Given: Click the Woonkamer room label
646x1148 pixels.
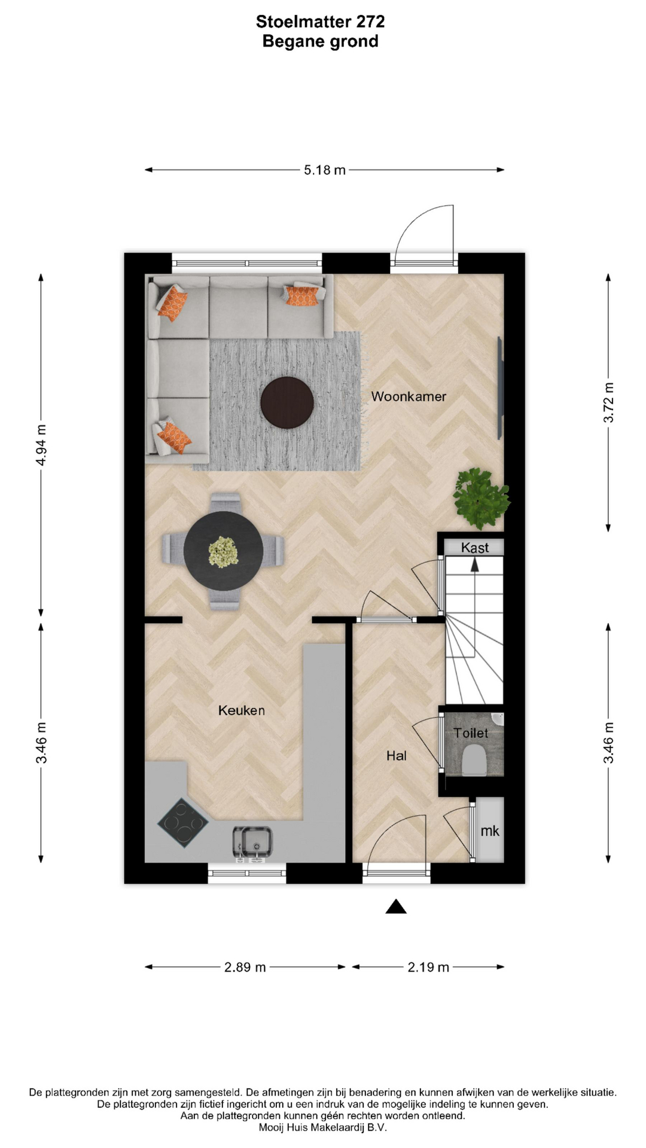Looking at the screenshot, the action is point(409,396).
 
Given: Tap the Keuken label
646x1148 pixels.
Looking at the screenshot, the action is point(241,710).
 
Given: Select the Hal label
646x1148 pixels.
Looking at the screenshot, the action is point(396,756).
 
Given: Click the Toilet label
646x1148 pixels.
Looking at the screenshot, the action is point(471,733).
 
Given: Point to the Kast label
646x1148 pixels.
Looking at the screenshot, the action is point(475,548).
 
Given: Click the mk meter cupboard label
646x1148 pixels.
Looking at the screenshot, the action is point(490,831).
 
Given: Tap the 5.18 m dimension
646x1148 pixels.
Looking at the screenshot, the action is point(325,170).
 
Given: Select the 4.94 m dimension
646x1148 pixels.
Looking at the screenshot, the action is point(41,445).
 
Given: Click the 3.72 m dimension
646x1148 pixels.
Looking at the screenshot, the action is point(608,402).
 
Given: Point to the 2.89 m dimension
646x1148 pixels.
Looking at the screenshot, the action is point(245,967).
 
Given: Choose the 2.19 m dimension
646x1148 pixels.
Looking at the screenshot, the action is point(428,967).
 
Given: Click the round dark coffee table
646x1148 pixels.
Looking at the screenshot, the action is point(287,402).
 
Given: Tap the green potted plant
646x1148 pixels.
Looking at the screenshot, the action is point(482,499).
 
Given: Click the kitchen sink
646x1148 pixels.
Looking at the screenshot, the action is point(252,842).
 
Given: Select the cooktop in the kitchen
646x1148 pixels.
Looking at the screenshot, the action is point(183,823).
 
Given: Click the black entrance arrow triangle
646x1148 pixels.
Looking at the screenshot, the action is point(396,907).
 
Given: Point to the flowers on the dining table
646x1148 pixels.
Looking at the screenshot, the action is point(223,551).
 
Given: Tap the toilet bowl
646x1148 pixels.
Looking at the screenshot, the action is point(474,760).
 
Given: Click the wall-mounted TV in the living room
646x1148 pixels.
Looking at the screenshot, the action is point(501,388).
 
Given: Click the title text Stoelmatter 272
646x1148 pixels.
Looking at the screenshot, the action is point(321,22).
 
